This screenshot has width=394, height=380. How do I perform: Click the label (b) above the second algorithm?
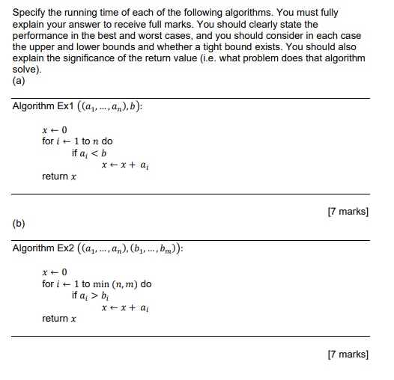tap(21, 222)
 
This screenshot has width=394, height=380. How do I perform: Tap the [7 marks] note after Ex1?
tap(348, 212)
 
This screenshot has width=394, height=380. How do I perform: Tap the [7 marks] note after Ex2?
tap(348, 354)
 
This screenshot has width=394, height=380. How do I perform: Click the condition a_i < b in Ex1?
tap(94, 153)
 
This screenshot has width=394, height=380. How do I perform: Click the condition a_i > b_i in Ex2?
tap(95, 295)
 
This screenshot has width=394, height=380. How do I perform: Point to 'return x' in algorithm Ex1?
tap(59, 177)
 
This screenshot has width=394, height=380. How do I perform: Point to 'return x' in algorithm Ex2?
tap(59, 319)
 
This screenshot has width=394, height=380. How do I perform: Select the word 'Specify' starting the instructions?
tap(31, 13)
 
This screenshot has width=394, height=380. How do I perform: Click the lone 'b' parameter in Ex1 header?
tap(136, 105)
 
